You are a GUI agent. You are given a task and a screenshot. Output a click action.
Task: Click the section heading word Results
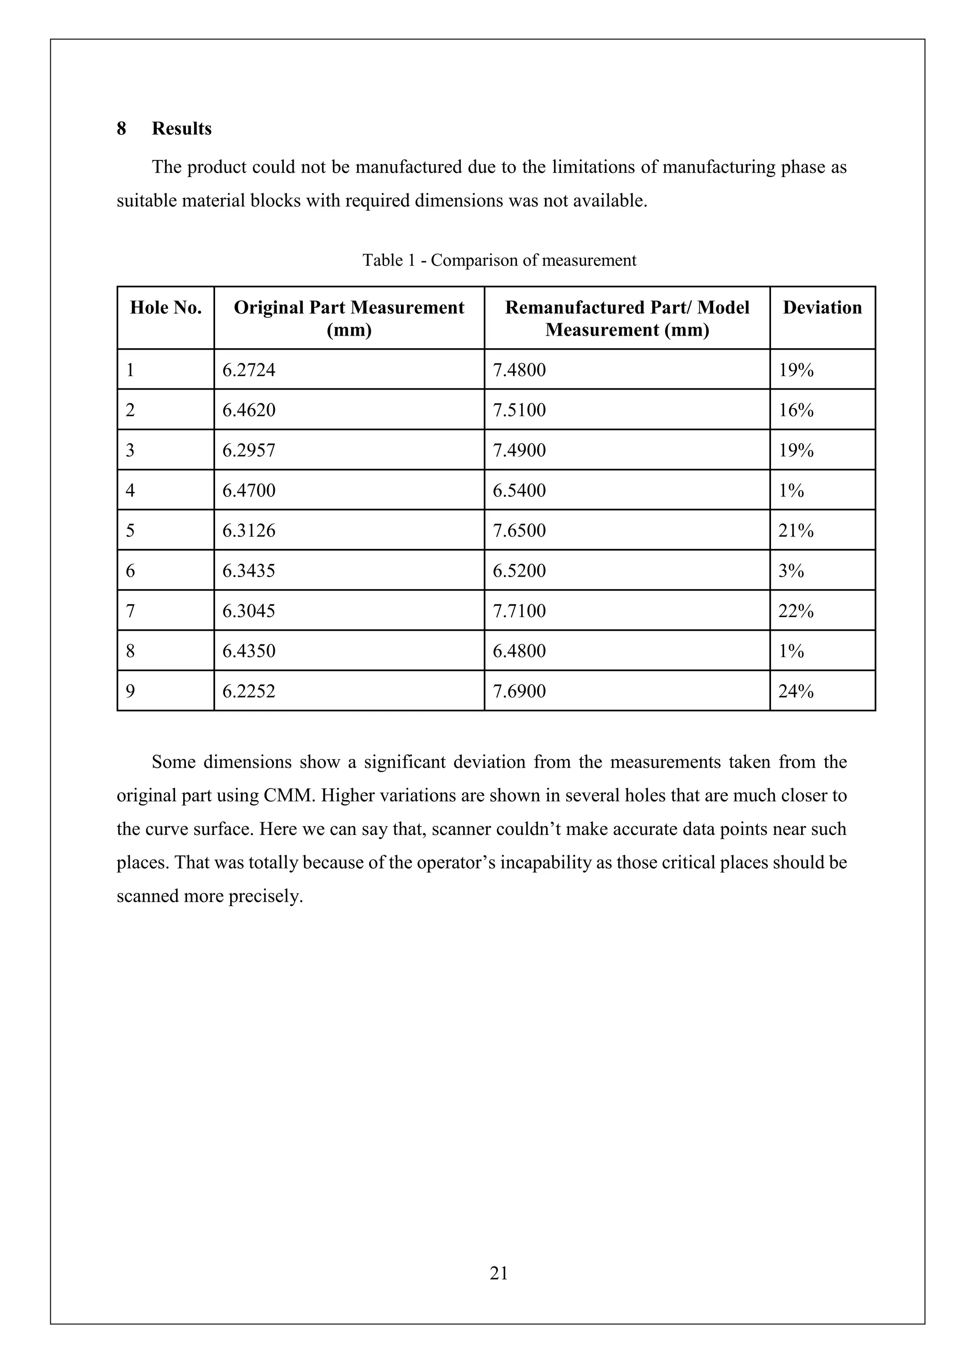(x=181, y=129)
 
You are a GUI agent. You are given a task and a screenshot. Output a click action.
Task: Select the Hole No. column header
(x=166, y=307)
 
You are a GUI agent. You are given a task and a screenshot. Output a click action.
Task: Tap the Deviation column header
(x=822, y=307)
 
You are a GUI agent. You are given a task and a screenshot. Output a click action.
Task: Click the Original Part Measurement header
(x=349, y=318)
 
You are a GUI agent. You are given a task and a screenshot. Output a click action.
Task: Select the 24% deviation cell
(x=795, y=691)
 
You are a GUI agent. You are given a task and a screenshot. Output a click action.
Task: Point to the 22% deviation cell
(x=795, y=611)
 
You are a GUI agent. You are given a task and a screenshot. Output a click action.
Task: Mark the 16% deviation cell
(x=795, y=410)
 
